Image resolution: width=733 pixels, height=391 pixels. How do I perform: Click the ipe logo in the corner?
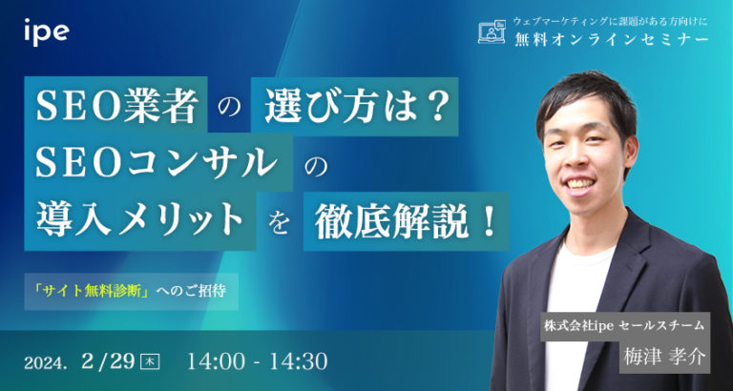46,32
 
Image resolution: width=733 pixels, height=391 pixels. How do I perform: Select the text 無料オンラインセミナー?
610,39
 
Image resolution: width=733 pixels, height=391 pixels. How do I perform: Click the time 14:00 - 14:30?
258,361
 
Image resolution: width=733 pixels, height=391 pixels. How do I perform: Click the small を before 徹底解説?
279,222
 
